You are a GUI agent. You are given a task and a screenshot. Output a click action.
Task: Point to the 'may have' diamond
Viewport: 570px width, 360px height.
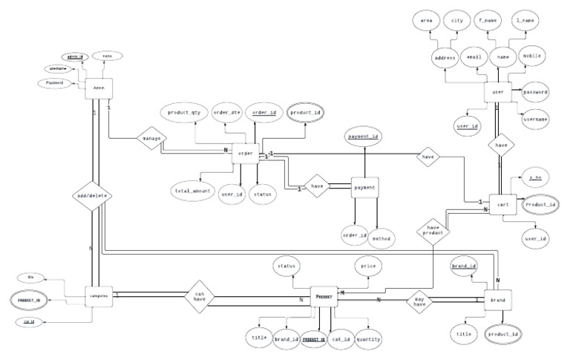pyautogui.click(x=420, y=300)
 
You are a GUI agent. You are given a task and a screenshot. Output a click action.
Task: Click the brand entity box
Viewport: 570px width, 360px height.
pyautogui.click(x=497, y=300)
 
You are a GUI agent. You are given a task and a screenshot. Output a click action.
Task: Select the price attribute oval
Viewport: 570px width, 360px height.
pyautogui.click(x=367, y=265)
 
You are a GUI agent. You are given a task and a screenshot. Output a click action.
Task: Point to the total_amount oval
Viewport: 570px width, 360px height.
pyautogui.click(x=194, y=191)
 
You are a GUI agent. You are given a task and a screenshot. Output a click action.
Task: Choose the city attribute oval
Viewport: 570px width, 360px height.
pyautogui.click(x=458, y=22)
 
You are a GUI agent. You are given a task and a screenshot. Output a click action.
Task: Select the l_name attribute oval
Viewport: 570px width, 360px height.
pyautogui.click(x=525, y=22)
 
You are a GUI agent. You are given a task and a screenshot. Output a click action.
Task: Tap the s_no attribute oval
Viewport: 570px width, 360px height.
pyautogui.click(x=534, y=179)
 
